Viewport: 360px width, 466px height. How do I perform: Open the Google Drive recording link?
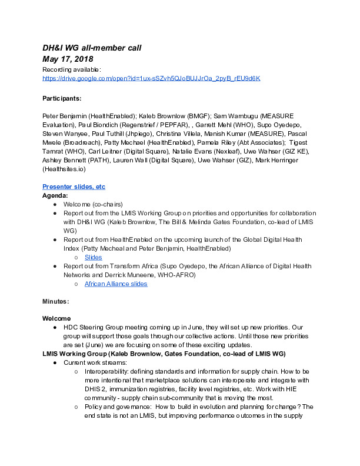tap(151, 78)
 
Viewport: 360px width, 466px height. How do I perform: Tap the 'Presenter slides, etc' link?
tap(74, 187)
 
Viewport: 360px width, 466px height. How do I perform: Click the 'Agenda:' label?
tap(55, 195)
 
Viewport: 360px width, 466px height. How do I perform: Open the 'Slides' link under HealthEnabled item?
tap(93, 257)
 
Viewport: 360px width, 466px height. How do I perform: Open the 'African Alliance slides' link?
tap(116, 284)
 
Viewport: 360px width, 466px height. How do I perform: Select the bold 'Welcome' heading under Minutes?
tap(56, 318)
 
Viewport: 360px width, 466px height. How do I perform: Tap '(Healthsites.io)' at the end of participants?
tap(66, 169)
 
